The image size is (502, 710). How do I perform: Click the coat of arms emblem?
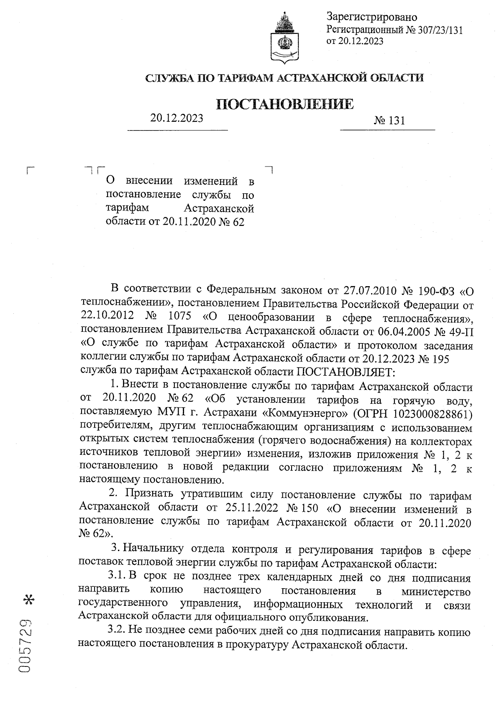(x=285, y=38)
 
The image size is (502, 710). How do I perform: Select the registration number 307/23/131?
(x=439, y=30)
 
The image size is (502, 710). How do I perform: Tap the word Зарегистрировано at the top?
(x=372, y=17)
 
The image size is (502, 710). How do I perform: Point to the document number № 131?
(x=390, y=121)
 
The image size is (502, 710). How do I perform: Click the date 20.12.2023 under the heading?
(x=177, y=118)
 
